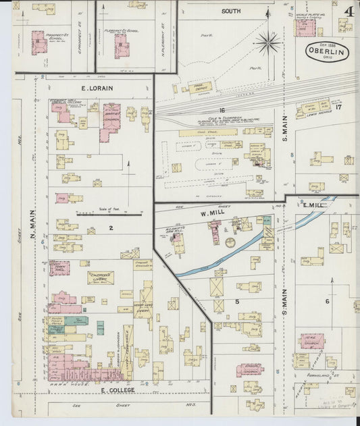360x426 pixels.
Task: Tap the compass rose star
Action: pos(268,43)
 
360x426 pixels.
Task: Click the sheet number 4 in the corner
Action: pos(349,11)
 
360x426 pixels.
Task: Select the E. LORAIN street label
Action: pos(78,88)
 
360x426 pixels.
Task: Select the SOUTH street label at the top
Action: pos(231,11)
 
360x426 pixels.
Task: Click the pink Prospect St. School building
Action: pos(39,42)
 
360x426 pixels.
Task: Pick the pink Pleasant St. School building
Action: pos(122,46)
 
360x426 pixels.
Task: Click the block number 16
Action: pos(221,109)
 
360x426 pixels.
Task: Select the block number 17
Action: pos(339,106)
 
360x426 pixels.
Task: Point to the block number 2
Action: pos(110,228)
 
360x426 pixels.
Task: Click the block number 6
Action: pos(327,301)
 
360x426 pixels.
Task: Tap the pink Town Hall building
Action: pos(59,268)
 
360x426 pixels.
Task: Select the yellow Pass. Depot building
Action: pos(200,86)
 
